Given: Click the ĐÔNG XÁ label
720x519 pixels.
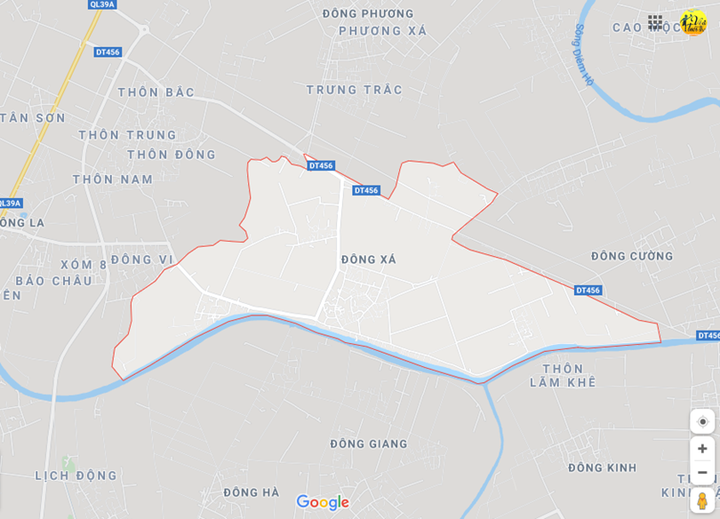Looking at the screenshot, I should tap(368, 259).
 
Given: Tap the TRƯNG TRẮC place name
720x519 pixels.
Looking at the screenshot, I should tap(354, 90).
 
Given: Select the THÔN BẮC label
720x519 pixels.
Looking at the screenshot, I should tap(156, 92).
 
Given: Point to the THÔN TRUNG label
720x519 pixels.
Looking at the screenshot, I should tap(127, 135).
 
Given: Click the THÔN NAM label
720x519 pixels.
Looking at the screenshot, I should tap(113, 180).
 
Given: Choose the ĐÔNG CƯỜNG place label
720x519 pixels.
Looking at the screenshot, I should tap(632, 257).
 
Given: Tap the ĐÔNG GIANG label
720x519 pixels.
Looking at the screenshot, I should tap(368, 444).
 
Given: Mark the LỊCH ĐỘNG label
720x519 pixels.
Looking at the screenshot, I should tap(76, 476).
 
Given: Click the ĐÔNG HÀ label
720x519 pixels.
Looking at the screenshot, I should tap(252, 492).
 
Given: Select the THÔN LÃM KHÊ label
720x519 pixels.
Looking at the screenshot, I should tap(563, 376).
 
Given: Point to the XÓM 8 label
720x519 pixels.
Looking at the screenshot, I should tap(84, 265).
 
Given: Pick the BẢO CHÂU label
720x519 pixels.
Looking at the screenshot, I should tap(54, 281).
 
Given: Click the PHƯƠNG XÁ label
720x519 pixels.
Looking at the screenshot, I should tap(382, 31).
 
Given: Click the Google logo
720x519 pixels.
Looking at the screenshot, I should tap(323, 503).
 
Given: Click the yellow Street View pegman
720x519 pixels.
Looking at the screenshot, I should tap(702, 500).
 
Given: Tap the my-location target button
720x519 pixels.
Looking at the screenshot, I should tap(702, 421).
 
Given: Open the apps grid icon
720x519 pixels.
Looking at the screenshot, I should tap(655, 22).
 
